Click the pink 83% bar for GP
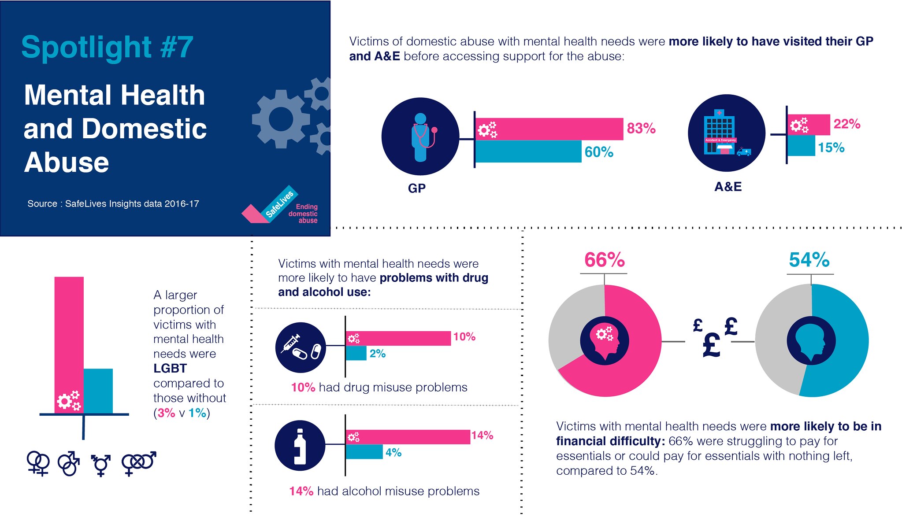pyautogui.click(x=549, y=129)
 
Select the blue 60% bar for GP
pyautogui.click(x=528, y=151)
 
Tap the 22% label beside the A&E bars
pyautogui.click(x=846, y=124)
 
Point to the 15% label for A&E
pyautogui.click(x=831, y=148)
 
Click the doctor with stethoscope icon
pyautogui.click(x=421, y=137)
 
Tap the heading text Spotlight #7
pyautogui.click(x=107, y=47)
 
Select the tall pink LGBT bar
pyautogui.click(x=69, y=345)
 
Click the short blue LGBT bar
pyautogui.click(x=98, y=391)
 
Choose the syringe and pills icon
pyautogui.click(x=301, y=347)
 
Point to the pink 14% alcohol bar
pyautogui.click(x=408, y=437)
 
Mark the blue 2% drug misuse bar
pyautogui.click(x=356, y=353)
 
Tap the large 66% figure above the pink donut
pyautogui.click(x=605, y=260)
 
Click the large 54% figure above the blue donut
pyautogui.click(x=809, y=260)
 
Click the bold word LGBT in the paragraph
pyautogui.click(x=170, y=369)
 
